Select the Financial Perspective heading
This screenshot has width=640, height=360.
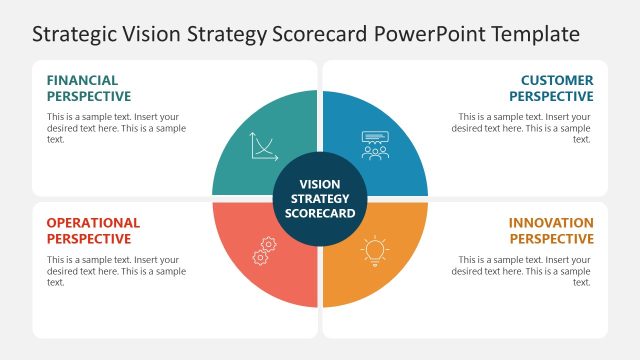[x=89, y=88]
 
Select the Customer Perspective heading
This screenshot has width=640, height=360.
[x=551, y=88]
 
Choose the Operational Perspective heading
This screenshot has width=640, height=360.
[x=93, y=231]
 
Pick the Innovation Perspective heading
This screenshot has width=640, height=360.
[x=551, y=231]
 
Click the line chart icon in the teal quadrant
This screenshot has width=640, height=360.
[x=264, y=147]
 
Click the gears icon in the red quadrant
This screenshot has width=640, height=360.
[x=265, y=250]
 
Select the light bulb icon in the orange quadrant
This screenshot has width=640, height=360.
[x=375, y=250]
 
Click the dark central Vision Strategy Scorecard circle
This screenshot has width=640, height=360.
[x=320, y=199]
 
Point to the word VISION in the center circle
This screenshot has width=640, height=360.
[x=320, y=184]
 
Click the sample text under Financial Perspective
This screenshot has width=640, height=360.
[x=116, y=128]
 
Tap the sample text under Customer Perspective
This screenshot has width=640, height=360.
[x=521, y=128]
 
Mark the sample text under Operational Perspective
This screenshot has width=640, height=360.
[x=116, y=271]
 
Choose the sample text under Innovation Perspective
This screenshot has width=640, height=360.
[x=521, y=271]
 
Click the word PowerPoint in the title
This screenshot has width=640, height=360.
[x=427, y=33]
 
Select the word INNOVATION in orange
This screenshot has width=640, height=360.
[x=551, y=223]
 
